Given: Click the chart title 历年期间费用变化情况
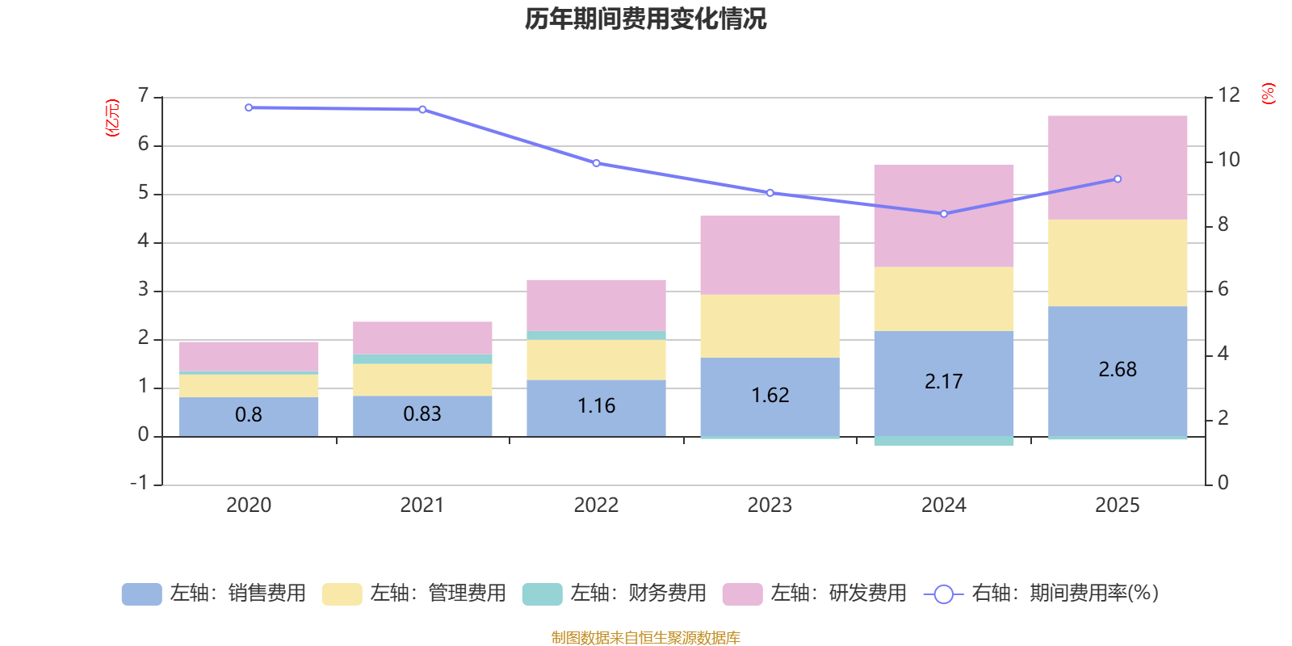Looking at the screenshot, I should point(645,19).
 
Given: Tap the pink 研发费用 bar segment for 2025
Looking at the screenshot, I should point(1118,167).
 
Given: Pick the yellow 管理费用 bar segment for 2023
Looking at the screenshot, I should point(770,325).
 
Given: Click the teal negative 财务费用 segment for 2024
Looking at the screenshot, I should point(943,441).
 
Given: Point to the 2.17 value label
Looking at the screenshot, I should point(943,381).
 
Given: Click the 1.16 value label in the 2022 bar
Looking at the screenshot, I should point(596,405).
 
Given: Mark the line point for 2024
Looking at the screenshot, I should point(943,214).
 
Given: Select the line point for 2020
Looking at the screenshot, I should point(249,107).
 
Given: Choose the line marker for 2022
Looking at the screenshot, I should point(596,163).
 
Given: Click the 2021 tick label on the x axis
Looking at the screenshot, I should point(422,505).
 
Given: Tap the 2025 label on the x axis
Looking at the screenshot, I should point(1117,505).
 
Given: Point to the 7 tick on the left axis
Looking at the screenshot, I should point(144,96).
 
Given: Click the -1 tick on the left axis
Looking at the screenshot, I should point(140,483).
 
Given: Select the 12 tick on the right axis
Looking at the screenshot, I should point(1228,95).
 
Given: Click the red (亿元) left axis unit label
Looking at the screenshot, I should point(112,118).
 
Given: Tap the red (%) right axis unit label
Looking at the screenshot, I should point(1268,94).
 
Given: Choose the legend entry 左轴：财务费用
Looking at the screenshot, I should point(615,594).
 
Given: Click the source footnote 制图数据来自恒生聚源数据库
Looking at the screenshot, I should point(645,638).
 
